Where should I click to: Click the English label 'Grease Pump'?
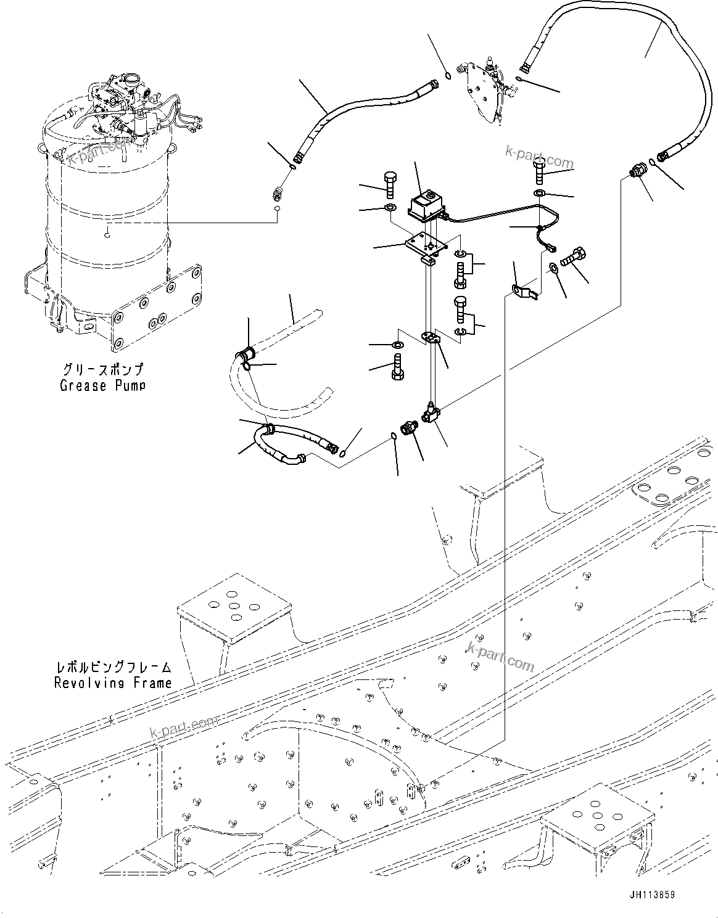click(x=102, y=385)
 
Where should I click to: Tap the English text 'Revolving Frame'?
click(x=112, y=682)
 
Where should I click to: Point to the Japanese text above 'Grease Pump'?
click(x=102, y=370)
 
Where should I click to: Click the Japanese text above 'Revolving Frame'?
click(x=112, y=668)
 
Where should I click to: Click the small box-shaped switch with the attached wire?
click(x=425, y=204)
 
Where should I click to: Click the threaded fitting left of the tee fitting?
click(x=409, y=427)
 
